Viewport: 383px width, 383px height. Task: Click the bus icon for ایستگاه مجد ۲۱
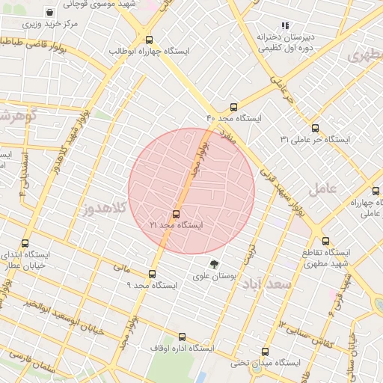point(177,214)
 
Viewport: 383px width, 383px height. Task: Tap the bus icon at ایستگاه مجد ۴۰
point(234,107)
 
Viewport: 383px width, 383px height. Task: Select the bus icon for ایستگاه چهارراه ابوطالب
point(149,40)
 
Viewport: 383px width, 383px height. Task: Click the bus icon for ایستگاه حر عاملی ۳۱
point(315,128)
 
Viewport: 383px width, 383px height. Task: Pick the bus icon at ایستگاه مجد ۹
point(152,274)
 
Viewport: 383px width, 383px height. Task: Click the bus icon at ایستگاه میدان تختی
point(265,352)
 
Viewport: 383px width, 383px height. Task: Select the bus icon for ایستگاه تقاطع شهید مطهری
point(325,241)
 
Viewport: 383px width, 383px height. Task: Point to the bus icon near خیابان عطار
point(25,243)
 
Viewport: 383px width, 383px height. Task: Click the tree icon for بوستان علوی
point(215,264)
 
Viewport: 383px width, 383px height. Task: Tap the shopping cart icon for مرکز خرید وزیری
point(49,13)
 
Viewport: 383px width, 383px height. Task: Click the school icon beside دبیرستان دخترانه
point(284,25)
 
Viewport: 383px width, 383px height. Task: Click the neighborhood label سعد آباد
point(272,287)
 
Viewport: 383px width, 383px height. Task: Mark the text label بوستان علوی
point(215,276)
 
